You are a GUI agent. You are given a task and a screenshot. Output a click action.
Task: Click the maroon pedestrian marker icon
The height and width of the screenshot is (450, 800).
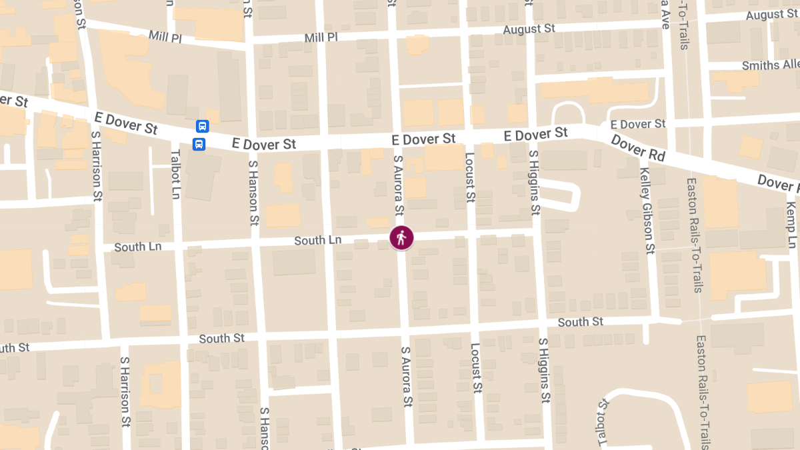click(401, 237)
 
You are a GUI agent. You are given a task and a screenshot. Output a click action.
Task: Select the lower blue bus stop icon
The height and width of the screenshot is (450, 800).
click(199, 143)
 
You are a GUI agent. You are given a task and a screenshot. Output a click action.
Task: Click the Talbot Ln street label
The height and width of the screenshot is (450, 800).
click(176, 173)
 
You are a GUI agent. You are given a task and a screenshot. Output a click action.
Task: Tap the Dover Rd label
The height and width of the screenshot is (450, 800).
click(638, 149)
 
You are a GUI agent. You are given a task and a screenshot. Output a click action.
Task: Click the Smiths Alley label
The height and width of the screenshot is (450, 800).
click(771, 65)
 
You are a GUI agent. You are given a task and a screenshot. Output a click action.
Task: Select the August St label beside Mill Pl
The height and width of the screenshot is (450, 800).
click(529, 29)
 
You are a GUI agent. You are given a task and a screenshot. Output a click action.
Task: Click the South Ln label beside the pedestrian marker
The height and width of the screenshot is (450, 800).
click(319, 240)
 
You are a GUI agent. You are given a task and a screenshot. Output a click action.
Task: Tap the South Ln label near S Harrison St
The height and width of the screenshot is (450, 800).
click(137, 247)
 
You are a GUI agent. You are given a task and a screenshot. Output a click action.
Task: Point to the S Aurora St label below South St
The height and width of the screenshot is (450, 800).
click(407, 377)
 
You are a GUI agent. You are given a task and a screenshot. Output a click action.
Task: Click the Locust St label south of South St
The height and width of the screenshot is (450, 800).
click(476, 367)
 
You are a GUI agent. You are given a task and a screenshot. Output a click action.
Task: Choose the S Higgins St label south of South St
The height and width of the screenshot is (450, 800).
click(545, 370)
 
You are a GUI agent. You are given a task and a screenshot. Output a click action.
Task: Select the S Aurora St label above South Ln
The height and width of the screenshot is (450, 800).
click(399, 185)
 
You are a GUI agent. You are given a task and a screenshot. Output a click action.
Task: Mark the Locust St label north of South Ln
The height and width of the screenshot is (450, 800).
click(469, 177)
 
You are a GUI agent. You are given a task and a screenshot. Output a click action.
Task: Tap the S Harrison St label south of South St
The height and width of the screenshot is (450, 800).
click(125, 391)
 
